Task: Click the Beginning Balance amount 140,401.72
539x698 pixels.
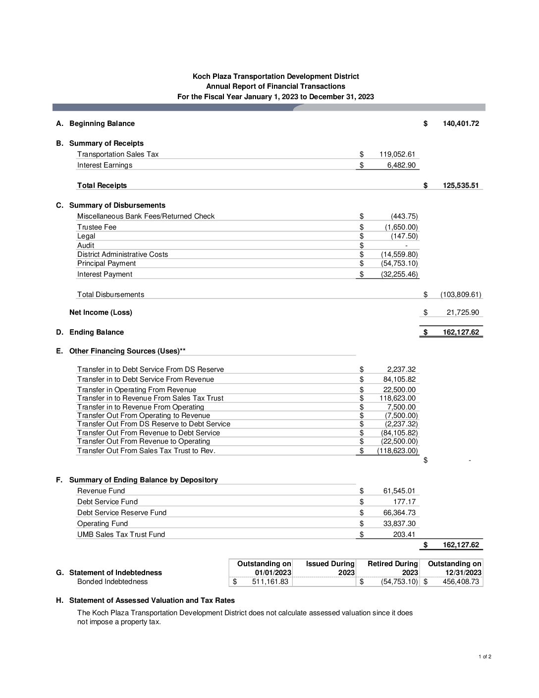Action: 460,123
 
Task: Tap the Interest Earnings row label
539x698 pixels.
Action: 105,165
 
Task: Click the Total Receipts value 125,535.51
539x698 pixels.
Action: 460,185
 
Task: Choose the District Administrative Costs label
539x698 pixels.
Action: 122,254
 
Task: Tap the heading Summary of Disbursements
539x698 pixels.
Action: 117,205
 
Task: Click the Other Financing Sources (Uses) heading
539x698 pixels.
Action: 127,351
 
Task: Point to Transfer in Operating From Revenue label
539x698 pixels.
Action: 136,390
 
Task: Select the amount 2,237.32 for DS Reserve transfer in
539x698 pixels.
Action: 401,369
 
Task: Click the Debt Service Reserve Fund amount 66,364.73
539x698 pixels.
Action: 399,513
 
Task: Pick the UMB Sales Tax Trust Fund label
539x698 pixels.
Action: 121,534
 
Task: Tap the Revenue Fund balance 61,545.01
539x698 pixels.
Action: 399,491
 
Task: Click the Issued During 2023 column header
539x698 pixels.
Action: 330,568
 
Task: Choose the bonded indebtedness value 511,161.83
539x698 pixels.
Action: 270,582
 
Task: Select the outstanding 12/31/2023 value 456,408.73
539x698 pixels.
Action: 461,582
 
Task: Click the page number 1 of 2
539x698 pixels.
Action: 485,657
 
